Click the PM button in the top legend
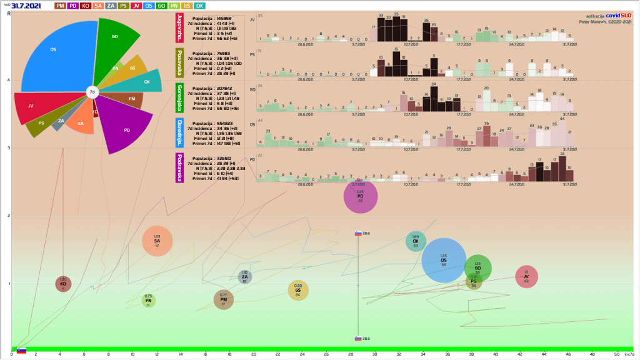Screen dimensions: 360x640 (x=61, y=6)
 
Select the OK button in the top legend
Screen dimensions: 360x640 (x=199, y=6)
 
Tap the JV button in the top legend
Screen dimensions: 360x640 (x=136, y=6)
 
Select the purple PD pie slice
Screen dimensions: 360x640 (x=125, y=126)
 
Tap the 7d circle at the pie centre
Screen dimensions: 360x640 (x=92, y=92)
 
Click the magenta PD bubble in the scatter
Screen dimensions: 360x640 (x=361, y=196)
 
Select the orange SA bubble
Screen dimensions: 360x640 (x=157, y=241)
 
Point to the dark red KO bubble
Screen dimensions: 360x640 (x=63, y=284)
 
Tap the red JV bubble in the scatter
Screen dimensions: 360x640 (x=526, y=277)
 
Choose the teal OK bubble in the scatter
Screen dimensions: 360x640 (x=416, y=242)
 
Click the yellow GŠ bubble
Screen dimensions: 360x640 (x=298, y=290)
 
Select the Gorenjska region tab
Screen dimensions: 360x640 (x=180, y=97)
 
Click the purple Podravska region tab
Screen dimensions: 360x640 (x=180, y=168)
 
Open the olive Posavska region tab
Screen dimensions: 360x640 (x=180, y=62)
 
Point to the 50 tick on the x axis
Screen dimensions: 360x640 (x=616, y=354)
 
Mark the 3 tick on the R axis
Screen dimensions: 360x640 (x=8, y=148)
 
